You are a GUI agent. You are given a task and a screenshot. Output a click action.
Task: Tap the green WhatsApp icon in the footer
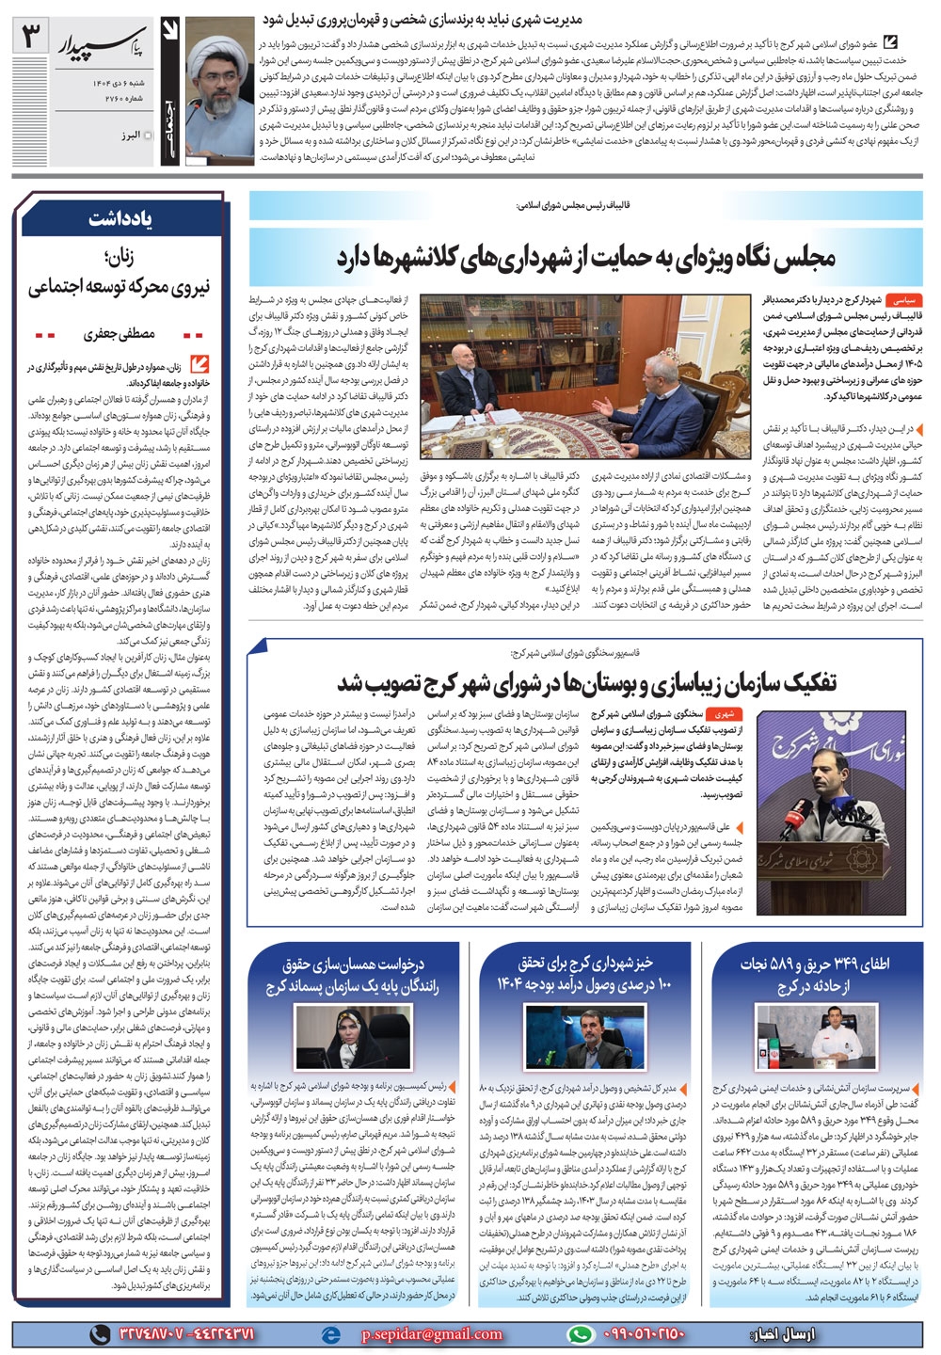(581, 1334)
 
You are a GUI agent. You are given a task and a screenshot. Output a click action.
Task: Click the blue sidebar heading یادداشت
(120, 218)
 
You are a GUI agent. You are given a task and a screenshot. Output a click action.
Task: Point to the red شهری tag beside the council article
(726, 714)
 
